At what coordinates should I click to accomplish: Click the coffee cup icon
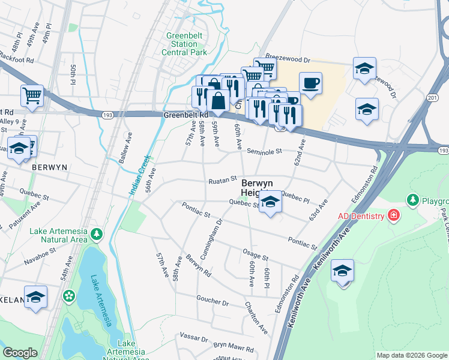click(x=310, y=83)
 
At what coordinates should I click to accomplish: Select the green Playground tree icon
click(x=412, y=199)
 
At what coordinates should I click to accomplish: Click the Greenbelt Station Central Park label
click(x=184, y=44)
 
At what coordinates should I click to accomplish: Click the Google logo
click(x=20, y=353)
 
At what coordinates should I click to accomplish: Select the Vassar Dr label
click(x=192, y=337)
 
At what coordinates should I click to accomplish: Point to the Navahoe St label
click(x=40, y=260)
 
